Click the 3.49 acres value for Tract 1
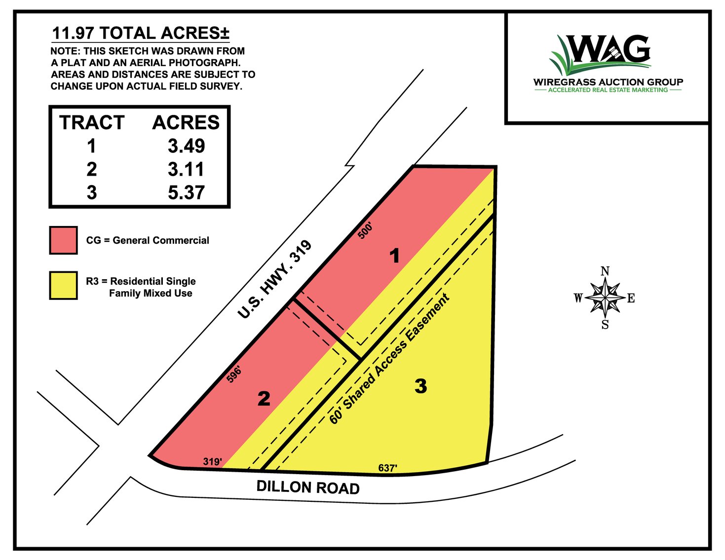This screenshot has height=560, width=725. point(186,146)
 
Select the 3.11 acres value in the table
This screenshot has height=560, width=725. point(186,169)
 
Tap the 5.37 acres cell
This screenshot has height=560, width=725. point(186,192)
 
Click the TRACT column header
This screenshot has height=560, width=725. point(92,122)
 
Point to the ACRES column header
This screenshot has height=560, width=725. point(186,122)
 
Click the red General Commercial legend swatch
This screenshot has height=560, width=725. point(63,240)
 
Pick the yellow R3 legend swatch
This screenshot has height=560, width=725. point(63,285)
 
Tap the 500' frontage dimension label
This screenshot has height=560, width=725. point(365,230)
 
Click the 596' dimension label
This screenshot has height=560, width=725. point(233,374)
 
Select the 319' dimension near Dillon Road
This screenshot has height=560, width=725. point(212,462)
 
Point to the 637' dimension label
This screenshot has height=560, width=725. point(387,468)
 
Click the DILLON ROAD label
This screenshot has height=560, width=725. point(308,487)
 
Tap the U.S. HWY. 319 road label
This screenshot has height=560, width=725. point(274,279)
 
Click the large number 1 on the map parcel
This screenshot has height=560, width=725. point(394,256)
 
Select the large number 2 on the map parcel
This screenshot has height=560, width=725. point(264,399)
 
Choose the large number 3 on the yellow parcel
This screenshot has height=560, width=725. point(420,386)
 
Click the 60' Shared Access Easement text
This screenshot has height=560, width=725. point(389,359)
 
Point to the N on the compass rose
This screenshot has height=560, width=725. point(605,271)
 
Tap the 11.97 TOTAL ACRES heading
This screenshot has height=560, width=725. point(141,34)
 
